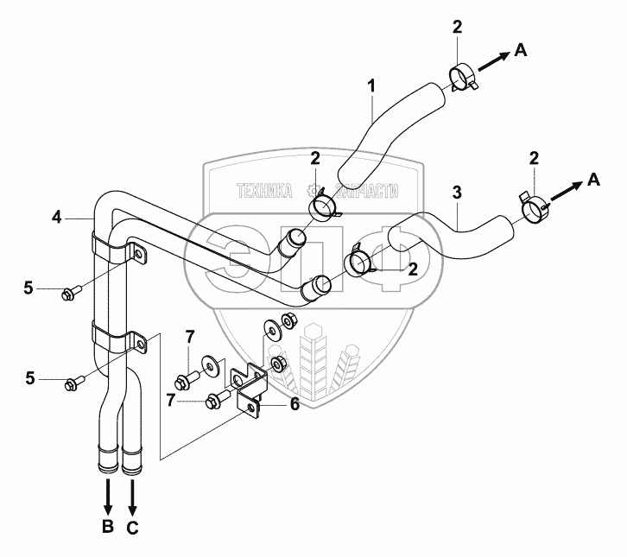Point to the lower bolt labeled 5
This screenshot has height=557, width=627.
tap(71, 381)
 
